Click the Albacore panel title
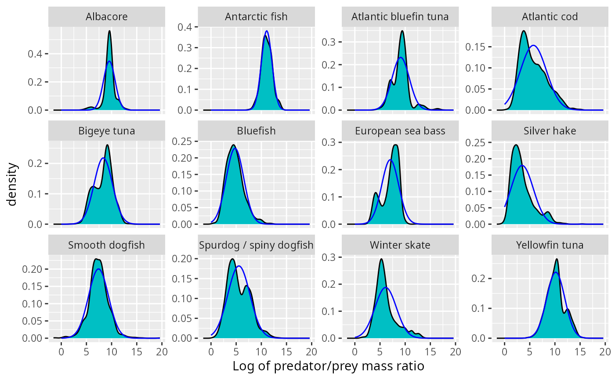(107, 17)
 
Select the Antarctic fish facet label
(256, 17)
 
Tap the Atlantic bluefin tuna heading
(400, 17)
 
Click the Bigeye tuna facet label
(107, 131)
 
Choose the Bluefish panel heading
(256, 131)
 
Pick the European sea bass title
(400, 131)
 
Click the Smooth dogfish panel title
(107, 245)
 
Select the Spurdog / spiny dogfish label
(256, 245)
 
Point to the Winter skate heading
(400, 245)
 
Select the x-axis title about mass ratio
(328, 366)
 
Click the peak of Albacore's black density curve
(109, 31)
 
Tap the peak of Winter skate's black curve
(381, 259)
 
